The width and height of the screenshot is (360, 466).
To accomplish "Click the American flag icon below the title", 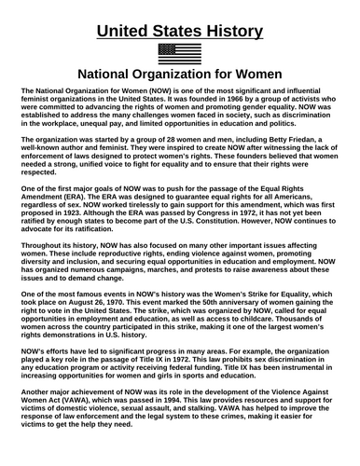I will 180,52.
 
